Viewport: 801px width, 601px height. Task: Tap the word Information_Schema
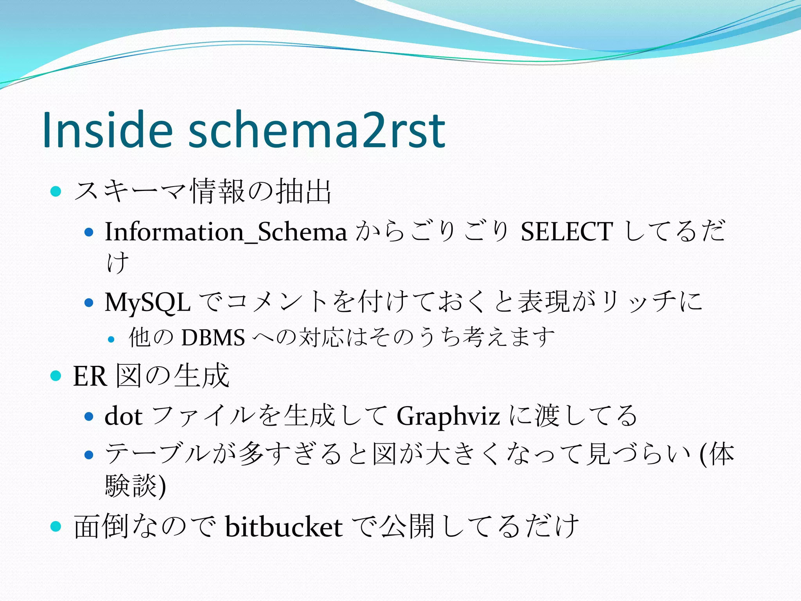(x=226, y=232)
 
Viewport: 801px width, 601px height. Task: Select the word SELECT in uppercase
(x=566, y=232)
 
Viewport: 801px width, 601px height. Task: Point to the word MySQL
(x=147, y=302)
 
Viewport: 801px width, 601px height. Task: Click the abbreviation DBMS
(x=213, y=337)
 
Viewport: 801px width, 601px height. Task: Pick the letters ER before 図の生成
(x=90, y=376)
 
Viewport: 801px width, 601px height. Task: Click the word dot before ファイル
(x=123, y=416)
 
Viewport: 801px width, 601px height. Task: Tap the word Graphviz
(x=448, y=416)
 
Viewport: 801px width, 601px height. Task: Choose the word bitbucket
(x=284, y=527)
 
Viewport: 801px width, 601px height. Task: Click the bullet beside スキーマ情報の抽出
(x=56, y=192)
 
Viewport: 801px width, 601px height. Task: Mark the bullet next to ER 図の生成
(x=56, y=376)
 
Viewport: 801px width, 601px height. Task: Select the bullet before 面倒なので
(x=56, y=526)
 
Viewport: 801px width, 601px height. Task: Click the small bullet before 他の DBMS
(x=111, y=339)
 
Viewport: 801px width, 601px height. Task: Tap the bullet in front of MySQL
(x=89, y=302)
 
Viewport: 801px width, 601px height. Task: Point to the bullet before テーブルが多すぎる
(x=89, y=455)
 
